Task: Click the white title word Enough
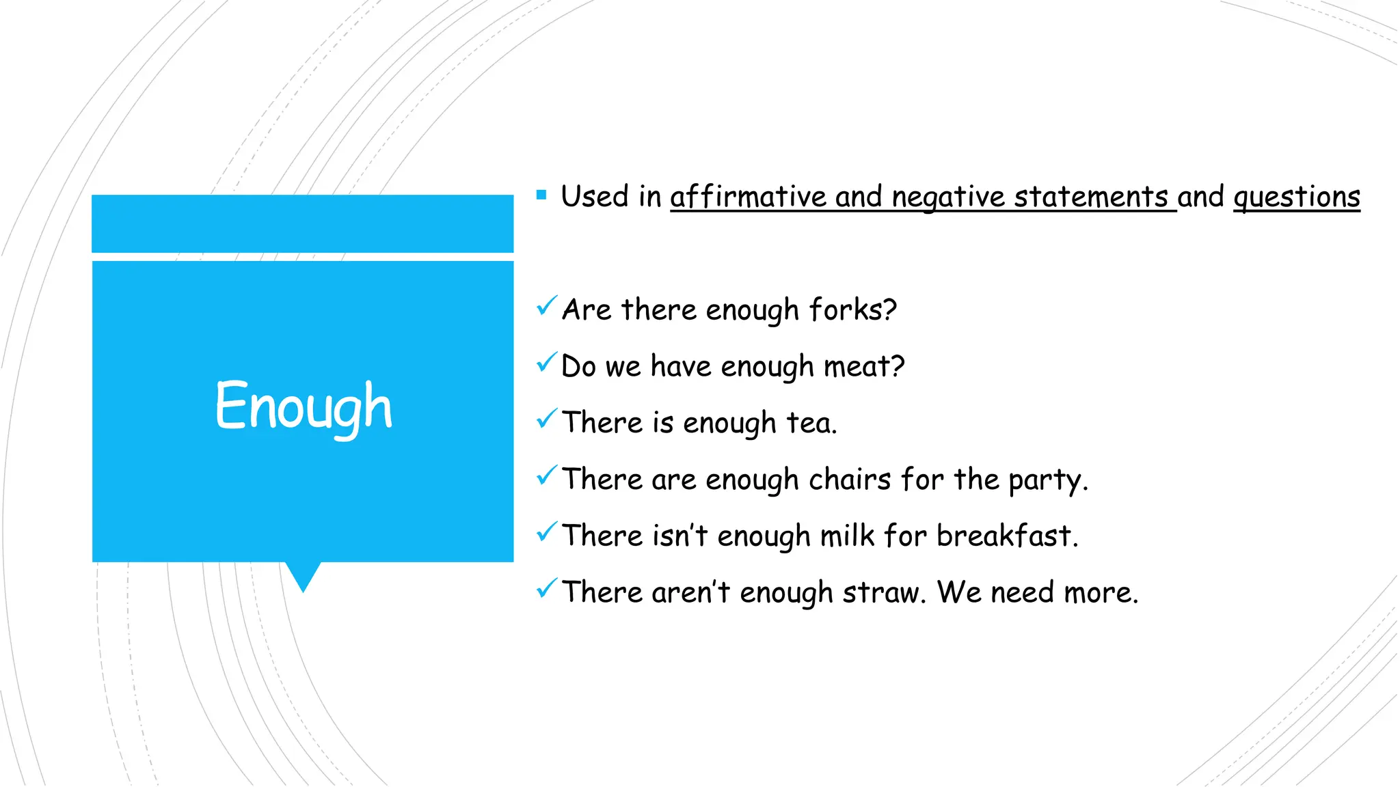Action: [x=304, y=407]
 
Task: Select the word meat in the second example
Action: [x=863, y=366]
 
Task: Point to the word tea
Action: [x=811, y=423]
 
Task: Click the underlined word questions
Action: [x=1296, y=197]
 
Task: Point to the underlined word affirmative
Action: [x=748, y=197]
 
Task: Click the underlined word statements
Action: [x=1091, y=197]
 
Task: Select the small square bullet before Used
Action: [x=541, y=195]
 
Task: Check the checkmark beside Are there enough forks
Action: [x=547, y=306]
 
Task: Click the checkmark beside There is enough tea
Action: [x=547, y=419]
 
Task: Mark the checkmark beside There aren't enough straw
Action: [x=547, y=588]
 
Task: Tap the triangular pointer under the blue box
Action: [x=303, y=576]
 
